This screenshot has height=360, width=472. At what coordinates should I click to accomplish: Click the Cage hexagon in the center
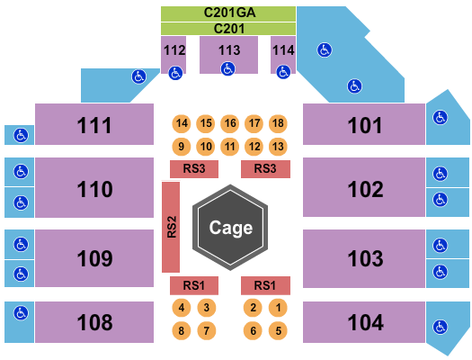click(230, 228)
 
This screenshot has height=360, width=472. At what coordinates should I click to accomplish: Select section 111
click(94, 125)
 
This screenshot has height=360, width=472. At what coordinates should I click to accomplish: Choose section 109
click(94, 258)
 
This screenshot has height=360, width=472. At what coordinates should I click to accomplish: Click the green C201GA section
click(228, 13)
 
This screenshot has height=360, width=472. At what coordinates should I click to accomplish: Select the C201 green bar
click(228, 29)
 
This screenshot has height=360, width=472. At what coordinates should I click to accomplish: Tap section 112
click(174, 51)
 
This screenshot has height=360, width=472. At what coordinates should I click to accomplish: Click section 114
click(282, 51)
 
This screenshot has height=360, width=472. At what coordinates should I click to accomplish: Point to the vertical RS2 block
click(171, 228)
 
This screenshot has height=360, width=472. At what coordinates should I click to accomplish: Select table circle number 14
click(183, 123)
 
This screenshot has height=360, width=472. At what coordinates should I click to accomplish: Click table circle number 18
click(278, 123)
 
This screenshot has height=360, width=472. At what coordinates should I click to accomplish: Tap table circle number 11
click(230, 146)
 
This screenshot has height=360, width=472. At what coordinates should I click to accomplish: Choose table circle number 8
click(183, 330)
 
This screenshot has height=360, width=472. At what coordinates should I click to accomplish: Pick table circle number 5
click(279, 330)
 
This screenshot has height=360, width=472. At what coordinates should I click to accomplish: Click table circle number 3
click(207, 308)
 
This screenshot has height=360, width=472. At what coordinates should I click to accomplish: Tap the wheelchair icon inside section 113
click(228, 67)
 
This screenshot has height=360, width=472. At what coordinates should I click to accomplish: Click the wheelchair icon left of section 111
click(19, 135)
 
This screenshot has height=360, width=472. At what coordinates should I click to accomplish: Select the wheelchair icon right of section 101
click(440, 117)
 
